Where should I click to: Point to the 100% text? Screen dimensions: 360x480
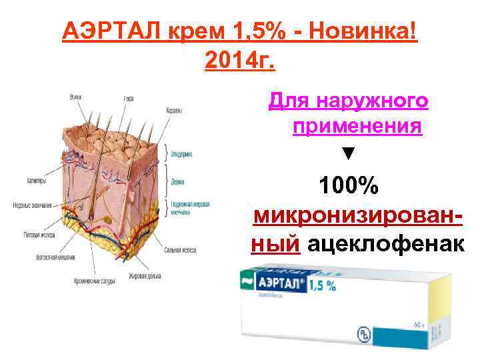tap(349, 186)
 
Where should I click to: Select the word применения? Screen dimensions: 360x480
tap(356, 127)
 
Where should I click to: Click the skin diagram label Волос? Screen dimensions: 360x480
tap(76, 97)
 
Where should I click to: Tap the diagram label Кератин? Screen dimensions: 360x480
tap(175, 111)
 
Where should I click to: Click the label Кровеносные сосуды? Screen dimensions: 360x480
tap(94, 282)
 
